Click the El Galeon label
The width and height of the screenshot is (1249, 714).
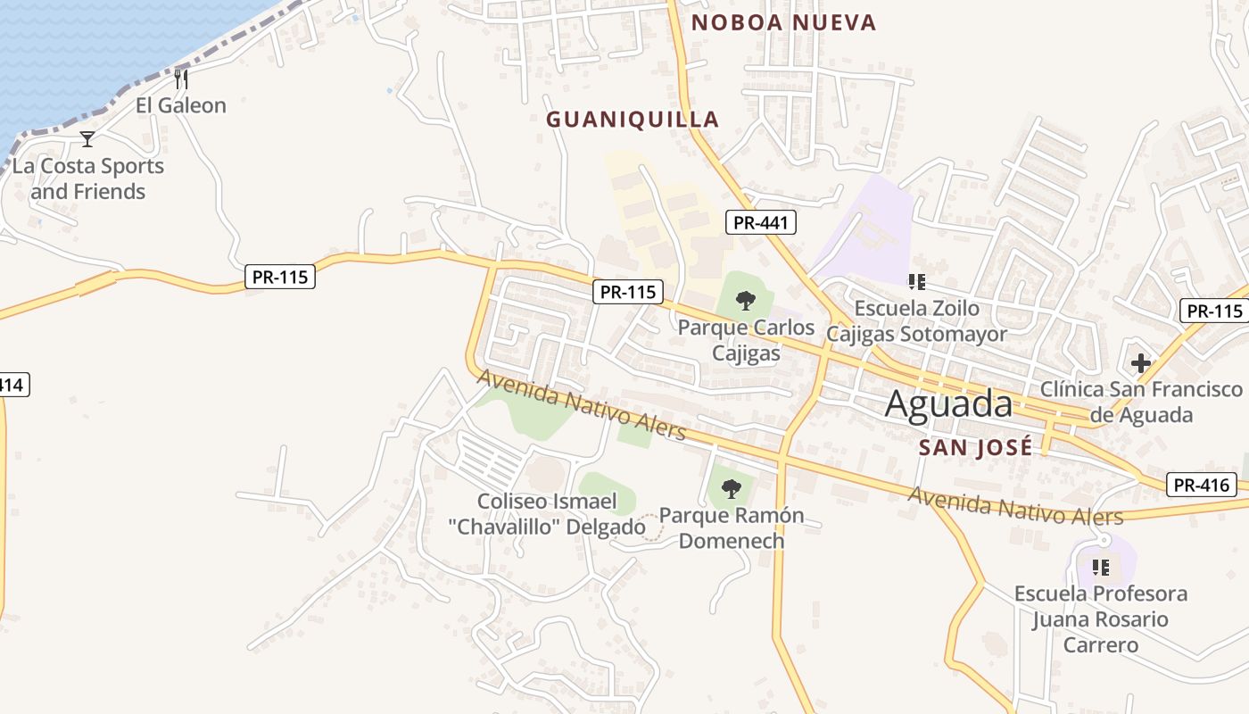181,105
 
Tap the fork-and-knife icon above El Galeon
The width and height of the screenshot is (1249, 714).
181,79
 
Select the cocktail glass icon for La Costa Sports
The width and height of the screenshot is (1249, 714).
87,138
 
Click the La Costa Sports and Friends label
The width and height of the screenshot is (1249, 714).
88,178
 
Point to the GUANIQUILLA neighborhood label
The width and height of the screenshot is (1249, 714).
633,120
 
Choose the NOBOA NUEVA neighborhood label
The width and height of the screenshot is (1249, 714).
784,22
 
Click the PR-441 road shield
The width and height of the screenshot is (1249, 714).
760,222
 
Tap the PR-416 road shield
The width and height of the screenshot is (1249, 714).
1201,486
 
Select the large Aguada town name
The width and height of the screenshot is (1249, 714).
949,404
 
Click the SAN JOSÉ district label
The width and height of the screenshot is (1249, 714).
975,447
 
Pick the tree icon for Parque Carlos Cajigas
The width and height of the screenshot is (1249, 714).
746,301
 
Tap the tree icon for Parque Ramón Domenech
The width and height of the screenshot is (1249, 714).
732,488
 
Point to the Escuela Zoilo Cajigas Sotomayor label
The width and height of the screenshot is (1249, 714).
916,321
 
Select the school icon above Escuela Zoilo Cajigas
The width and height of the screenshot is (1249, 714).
916,282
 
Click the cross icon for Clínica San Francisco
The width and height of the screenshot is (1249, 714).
1140,363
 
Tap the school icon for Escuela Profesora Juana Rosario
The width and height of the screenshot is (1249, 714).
1101,567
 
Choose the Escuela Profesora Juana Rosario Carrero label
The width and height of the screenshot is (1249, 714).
1101,619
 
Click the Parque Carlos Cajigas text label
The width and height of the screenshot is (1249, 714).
747,340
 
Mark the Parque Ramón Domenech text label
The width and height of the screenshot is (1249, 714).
732,527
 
